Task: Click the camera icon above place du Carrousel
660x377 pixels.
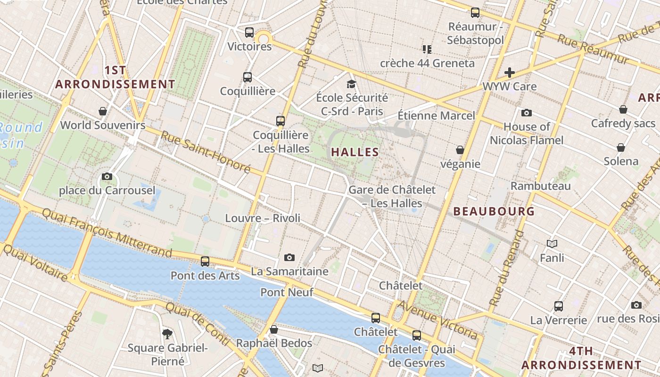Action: pyautogui.click(x=107, y=177)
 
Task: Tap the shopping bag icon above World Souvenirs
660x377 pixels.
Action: pyautogui.click(x=103, y=111)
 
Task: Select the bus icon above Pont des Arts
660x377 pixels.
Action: pyautogui.click(x=205, y=262)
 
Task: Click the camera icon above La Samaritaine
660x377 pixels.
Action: pyautogui.click(x=289, y=257)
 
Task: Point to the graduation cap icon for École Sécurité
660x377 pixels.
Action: pyautogui.click(x=351, y=84)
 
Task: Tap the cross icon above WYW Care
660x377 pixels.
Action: pyautogui.click(x=510, y=73)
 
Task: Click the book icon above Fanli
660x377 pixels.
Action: pyautogui.click(x=552, y=244)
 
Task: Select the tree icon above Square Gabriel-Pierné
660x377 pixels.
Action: pyautogui.click(x=167, y=334)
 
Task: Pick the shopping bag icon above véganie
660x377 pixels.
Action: pyautogui.click(x=460, y=150)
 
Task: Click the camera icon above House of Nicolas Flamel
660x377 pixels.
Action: pyautogui.click(x=527, y=113)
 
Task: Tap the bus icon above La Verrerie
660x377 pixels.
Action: pyautogui.click(x=559, y=306)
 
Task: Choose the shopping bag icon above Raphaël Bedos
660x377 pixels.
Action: pyautogui.click(x=274, y=329)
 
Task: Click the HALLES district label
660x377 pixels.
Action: pyautogui.click(x=355, y=152)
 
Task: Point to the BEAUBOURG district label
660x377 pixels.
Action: pyautogui.click(x=494, y=211)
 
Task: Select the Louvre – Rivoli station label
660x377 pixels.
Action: pyautogui.click(x=263, y=218)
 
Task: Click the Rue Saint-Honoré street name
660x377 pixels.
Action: pyautogui.click(x=206, y=152)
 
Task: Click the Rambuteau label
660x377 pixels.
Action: pyautogui.click(x=541, y=186)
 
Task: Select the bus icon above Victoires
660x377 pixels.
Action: pyautogui.click(x=249, y=33)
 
